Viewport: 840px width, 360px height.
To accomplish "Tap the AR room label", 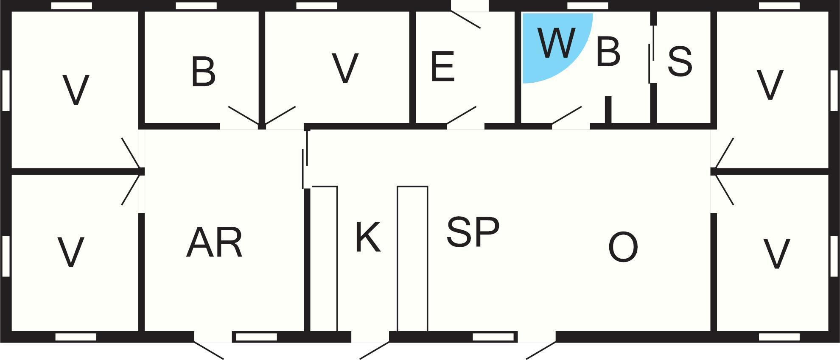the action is coord(215,243).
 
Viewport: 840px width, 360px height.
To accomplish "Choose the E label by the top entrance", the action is coord(443,66).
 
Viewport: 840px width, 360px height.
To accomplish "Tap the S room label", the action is coord(680,61).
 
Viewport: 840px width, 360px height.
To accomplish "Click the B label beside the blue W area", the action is coord(608,52).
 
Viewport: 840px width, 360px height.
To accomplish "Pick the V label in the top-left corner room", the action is coord(76,90).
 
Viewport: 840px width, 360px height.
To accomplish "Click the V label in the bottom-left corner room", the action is coord(70,252).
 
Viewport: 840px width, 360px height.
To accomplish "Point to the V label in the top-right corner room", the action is coord(770,85).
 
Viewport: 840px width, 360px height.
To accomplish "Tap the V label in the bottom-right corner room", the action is coord(776,254).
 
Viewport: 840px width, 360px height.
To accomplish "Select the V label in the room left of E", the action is coord(345,68).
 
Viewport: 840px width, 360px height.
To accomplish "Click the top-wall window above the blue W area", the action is coord(588,6).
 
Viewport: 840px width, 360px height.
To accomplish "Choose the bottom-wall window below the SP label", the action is coord(493,337).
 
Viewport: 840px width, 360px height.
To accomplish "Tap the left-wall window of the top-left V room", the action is coord(6,90).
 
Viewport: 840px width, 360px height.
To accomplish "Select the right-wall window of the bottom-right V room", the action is coord(834,256).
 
